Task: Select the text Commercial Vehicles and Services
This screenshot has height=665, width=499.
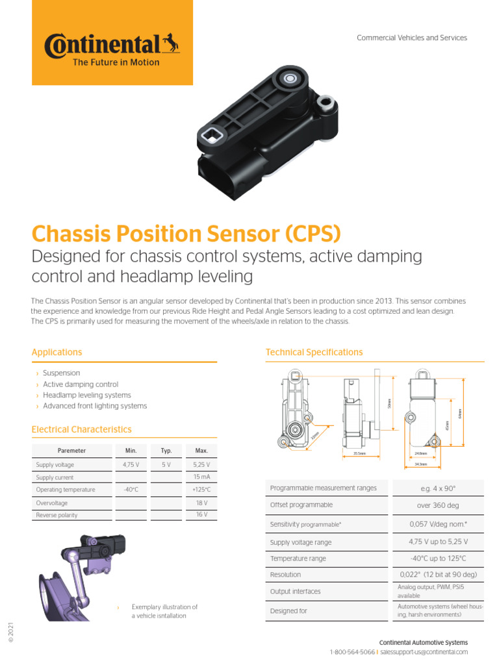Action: tap(412, 38)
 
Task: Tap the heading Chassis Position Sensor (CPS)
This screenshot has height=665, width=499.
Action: tap(186, 234)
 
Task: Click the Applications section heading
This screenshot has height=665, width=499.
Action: tap(57, 352)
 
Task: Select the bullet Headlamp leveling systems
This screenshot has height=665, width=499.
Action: tap(86, 395)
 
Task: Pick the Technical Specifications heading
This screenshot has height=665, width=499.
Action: tap(314, 352)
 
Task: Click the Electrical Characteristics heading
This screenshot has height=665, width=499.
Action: tap(82, 429)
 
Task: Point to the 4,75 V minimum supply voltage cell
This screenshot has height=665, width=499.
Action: tap(133, 465)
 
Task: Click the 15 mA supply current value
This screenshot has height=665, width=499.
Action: tap(200, 477)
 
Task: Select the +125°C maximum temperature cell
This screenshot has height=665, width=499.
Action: tap(200, 490)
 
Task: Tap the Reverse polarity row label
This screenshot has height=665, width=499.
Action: tap(57, 515)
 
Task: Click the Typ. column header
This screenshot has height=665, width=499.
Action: tap(166, 450)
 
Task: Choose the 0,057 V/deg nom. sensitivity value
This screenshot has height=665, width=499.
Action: tap(438, 523)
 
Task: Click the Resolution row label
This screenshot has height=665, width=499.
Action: tap(286, 575)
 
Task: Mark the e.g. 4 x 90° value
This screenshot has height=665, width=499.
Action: tap(438, 488)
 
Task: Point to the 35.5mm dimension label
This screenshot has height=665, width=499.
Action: tap(359, 453)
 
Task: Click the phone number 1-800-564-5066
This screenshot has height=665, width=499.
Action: tap(352, 652)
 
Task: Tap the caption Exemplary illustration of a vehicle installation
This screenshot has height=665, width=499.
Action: tap(164, 611)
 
